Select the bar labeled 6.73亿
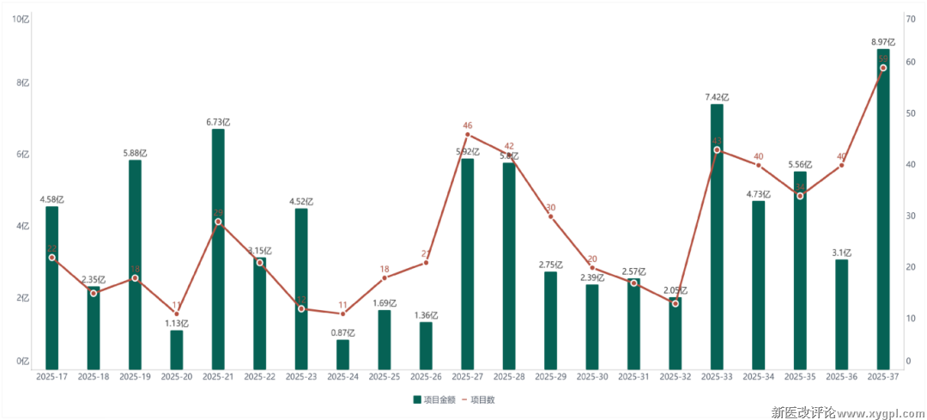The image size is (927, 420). [218, 249]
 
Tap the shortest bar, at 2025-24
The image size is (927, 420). [342, 355]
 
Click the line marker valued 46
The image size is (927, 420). [468, 134]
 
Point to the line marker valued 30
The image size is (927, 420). [551, 216]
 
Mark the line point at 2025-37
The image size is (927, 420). [883, 68]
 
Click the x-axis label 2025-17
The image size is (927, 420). [51, 376]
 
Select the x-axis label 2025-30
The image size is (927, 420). [592, 376]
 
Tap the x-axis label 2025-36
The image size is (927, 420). [842, 376]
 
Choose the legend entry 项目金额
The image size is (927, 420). [434, 399]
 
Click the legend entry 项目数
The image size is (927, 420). [483, 399]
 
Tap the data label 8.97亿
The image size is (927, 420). [883, 41]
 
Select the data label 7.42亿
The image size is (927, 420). [717, 96]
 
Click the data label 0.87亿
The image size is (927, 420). [342, 332]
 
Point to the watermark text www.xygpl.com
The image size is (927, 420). [875, 412]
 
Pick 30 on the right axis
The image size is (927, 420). [909, 216]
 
